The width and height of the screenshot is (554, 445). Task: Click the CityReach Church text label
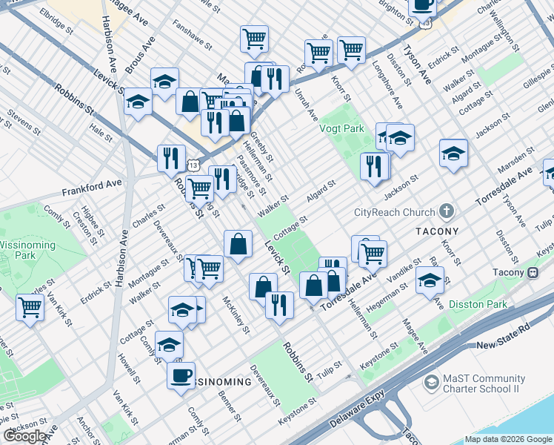395,212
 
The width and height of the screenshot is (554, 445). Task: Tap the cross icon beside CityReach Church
446,212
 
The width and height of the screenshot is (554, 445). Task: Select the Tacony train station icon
533,272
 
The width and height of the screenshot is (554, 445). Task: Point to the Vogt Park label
341,128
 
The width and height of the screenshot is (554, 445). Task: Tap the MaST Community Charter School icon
430,383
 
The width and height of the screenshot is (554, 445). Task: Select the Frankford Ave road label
92,183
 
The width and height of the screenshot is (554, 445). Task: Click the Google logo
24,436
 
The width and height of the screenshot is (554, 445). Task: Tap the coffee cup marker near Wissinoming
181,375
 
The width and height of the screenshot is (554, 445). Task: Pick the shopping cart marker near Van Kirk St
30,306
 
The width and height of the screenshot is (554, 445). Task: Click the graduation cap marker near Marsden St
453,153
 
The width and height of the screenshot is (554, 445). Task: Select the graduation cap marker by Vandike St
430,280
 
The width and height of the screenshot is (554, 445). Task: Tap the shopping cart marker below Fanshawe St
254,37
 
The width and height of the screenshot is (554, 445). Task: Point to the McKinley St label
236,314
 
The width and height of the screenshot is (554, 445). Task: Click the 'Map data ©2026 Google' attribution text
507,440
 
